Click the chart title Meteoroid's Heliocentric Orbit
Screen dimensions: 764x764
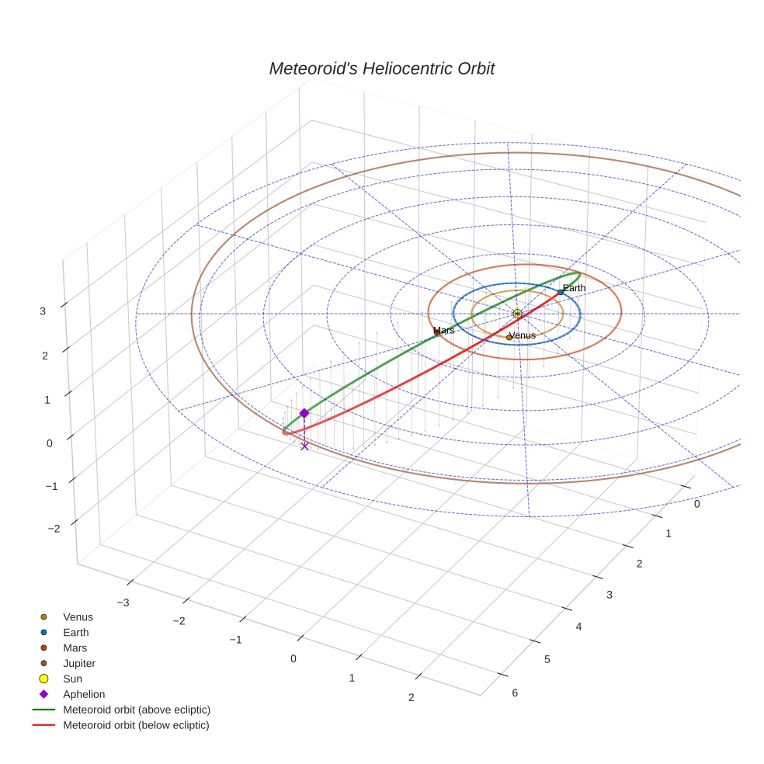(381, 68)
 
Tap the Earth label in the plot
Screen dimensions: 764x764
(575, 288)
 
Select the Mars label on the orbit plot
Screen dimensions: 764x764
(444, 330)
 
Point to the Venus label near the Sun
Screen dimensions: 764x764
(522, 335)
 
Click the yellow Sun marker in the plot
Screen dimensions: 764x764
(517, 314)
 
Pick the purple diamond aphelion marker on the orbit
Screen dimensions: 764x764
(304, 414)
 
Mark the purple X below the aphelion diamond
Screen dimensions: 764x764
(304, 446)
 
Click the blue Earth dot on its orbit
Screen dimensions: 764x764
(561, 292)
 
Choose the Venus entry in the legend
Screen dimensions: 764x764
(78, 617)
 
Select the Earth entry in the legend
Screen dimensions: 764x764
(75, 633)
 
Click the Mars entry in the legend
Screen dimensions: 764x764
(75, 648)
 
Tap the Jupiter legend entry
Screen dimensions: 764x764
(79, 663)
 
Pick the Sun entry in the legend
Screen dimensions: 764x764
(72, 679)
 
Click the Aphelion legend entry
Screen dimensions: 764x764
(84, 694)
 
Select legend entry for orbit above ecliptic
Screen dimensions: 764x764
(137, 710)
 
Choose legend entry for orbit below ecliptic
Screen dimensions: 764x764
(137, 725)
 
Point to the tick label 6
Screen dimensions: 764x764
(514, 693)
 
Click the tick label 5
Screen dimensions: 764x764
(547, 659)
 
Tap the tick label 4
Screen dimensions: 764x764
(578, 627)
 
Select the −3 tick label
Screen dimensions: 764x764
(122, 602)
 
